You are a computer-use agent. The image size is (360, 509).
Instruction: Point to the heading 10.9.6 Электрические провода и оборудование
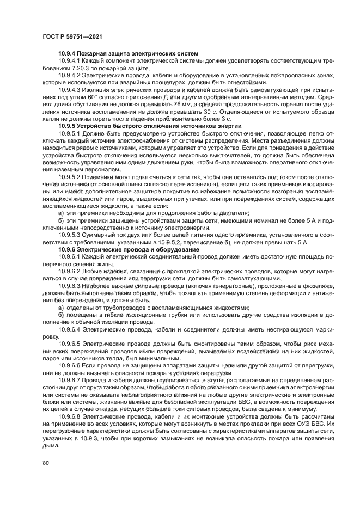coord(131,248)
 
